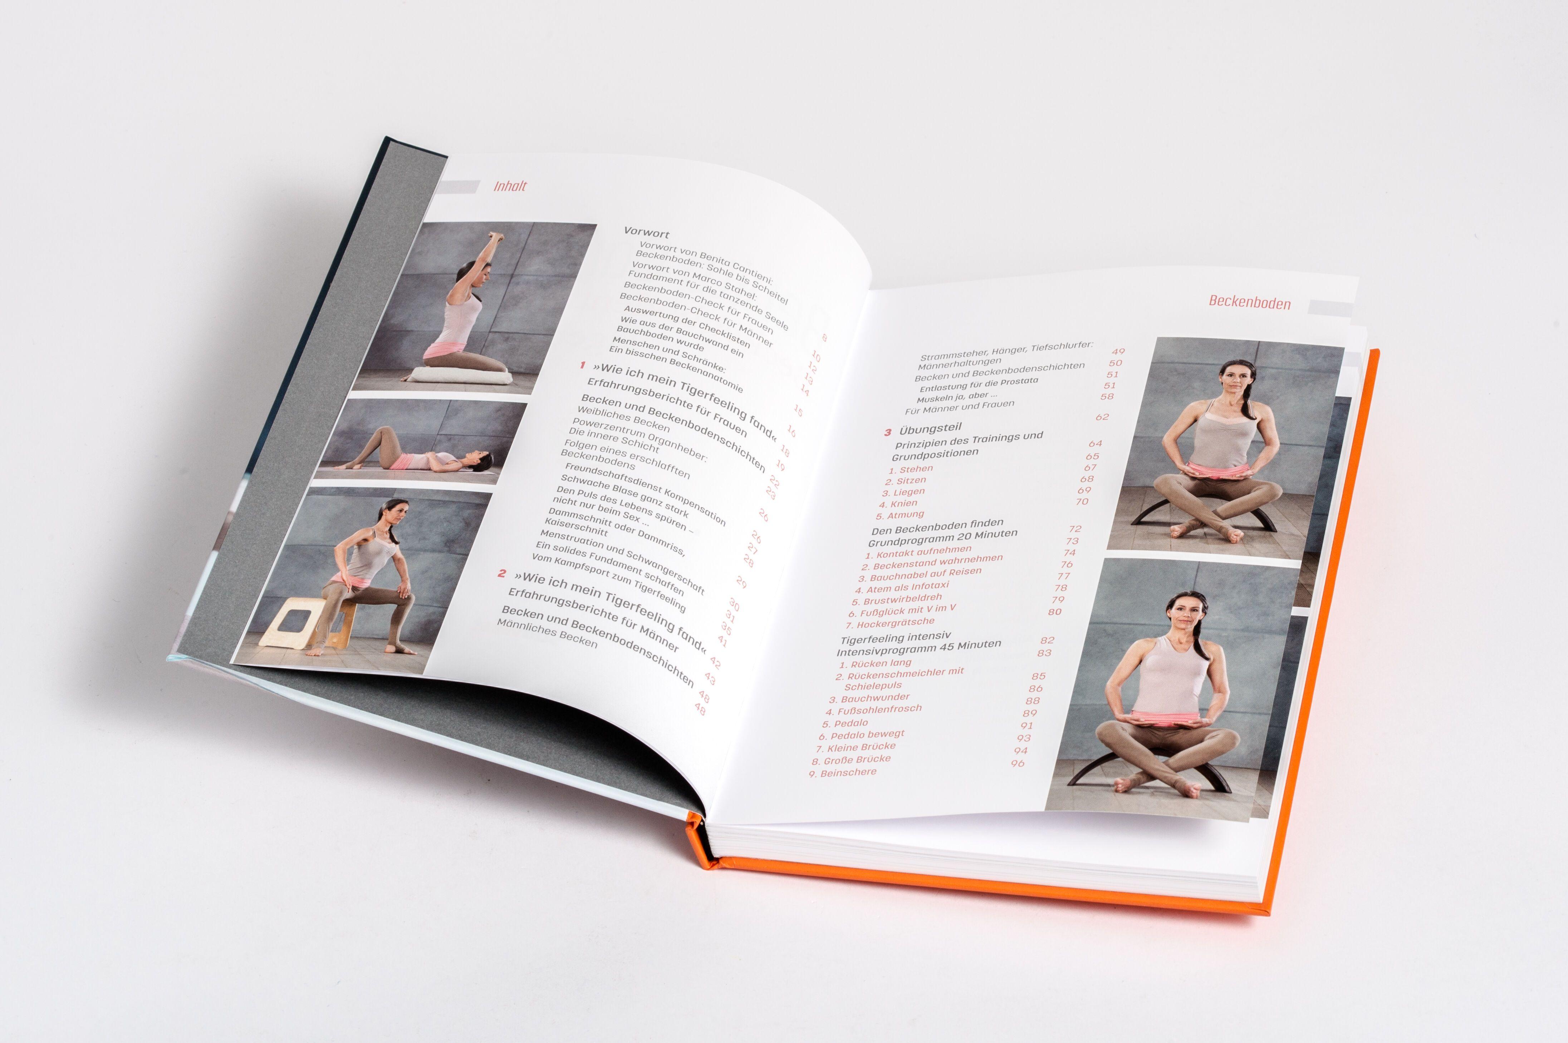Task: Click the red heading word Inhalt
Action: tap(510, 186)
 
